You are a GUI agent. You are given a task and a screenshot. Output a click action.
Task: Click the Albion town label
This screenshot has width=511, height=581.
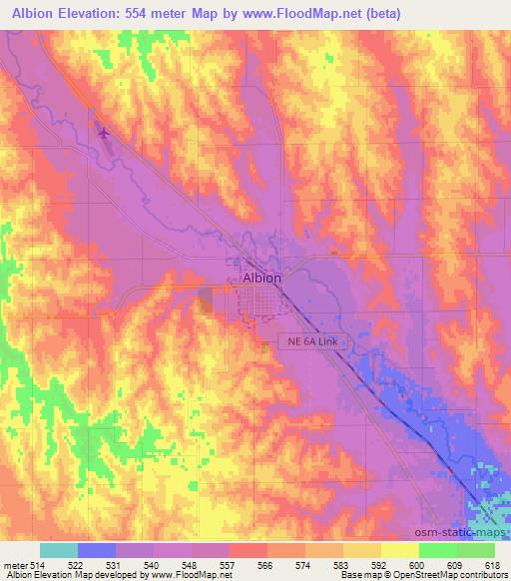pyautogui.click(x=262, y=280)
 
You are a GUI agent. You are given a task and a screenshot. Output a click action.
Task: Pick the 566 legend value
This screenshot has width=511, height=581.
pyautogui.click(x=266, y=565)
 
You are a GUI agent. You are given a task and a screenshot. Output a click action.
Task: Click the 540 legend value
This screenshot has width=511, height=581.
pyautogui.click(x=152, y=565)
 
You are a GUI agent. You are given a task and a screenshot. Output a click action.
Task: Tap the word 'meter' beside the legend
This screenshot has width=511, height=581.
pyautogui.click(x=13, y=565)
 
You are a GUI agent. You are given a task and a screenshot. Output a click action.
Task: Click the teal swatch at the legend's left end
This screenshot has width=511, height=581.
pyautogui.click(x=59, y=550)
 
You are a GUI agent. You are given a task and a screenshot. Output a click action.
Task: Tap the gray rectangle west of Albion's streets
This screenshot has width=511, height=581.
pyautogui.click(x=207, y=299)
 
